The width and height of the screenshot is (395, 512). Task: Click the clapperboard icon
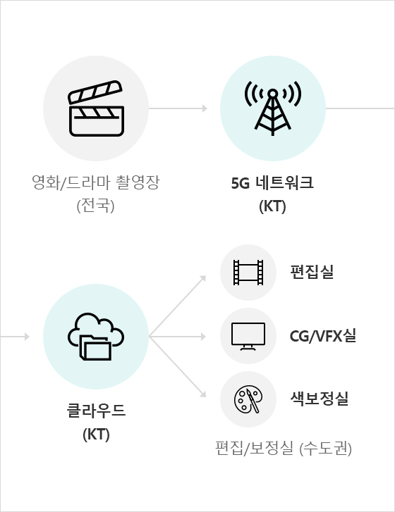96,108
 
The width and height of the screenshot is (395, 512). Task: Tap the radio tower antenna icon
273,108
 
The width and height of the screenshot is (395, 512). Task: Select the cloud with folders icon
96,337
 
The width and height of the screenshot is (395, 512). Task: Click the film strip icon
248,273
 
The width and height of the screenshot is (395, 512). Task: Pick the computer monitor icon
248,337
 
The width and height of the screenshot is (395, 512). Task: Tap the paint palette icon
248,399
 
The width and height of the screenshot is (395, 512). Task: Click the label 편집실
312,272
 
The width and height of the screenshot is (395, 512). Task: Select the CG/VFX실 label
323,336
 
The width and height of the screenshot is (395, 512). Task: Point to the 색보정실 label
320,399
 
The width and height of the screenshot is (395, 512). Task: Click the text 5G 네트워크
272,183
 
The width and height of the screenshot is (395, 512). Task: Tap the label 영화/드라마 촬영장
96,182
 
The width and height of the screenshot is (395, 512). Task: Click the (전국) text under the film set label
95,206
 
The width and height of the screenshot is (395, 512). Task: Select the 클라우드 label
96,411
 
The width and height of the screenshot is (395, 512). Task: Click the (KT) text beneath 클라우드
96,435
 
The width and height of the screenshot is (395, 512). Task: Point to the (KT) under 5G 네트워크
272,206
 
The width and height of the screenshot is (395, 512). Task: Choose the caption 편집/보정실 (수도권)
284,449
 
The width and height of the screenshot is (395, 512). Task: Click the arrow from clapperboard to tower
178,108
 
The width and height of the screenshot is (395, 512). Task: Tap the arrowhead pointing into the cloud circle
27,337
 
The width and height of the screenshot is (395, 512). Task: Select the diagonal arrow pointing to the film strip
178,306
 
